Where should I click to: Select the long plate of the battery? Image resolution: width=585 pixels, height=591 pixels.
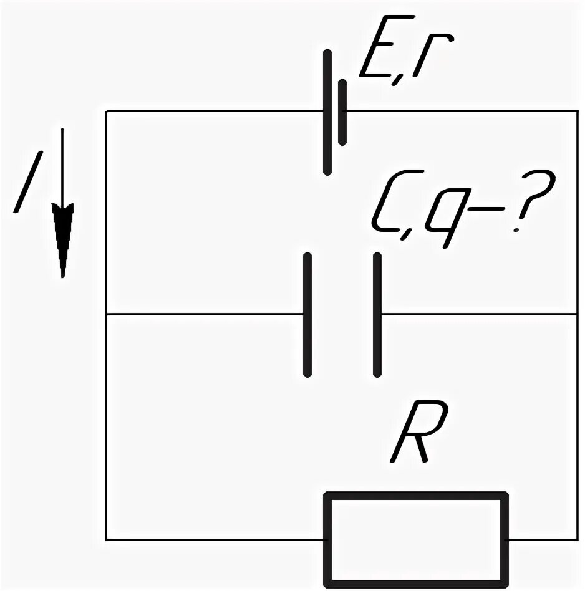(x=327, y=112)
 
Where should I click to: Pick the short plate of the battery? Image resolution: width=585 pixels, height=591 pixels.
(x=342, y=112)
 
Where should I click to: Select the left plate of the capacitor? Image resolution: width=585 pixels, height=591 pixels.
(x=307, y=315)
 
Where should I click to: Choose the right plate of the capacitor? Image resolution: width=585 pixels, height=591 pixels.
(x=377, y=315)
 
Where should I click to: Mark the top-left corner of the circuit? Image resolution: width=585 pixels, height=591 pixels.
(x=107, y=111)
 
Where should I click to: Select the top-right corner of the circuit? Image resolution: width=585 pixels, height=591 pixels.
(x=578, y=111)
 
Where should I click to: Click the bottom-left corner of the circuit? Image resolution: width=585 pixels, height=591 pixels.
(x=107, y=539)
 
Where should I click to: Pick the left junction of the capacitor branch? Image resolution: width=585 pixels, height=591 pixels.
(x=107, y=315)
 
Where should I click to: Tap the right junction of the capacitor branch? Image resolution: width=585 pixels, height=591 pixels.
(x=578, y=315)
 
